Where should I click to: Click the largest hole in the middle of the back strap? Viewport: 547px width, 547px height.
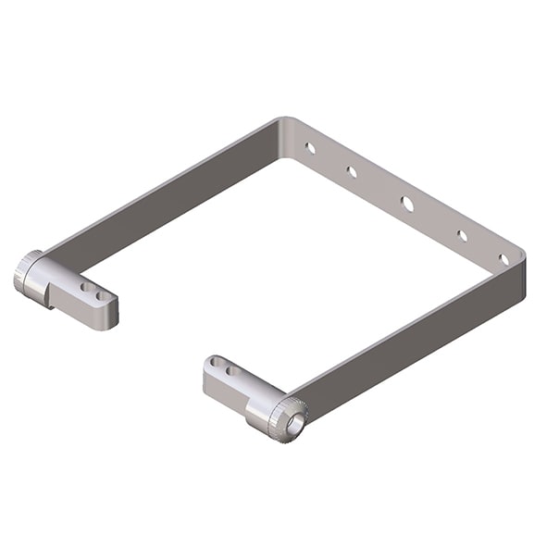point(407,203)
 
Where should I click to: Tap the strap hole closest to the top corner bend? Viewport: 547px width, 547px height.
point(311,147)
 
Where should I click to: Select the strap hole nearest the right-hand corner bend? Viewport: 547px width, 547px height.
point(503,259)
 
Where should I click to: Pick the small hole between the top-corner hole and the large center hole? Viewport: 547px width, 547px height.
point(352,171)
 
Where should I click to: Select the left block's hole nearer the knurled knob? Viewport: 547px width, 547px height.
point(85,288)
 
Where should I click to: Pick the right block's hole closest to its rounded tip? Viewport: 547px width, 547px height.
point(216,362)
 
